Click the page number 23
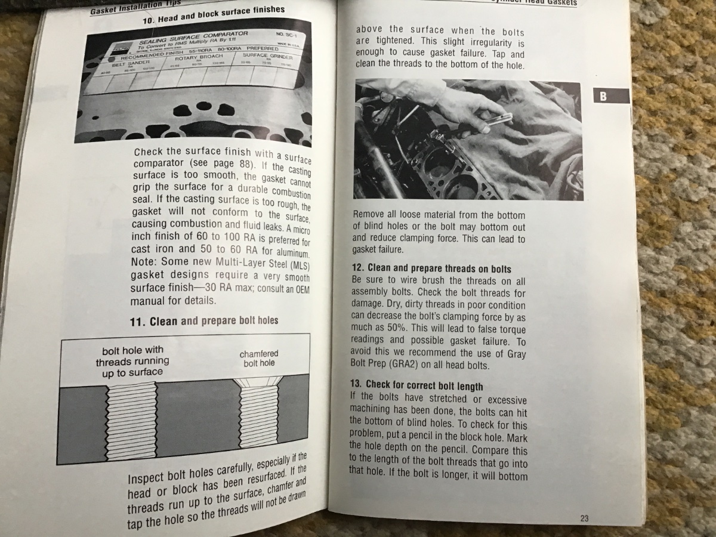(584, 518)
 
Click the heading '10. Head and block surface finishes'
(213, 15)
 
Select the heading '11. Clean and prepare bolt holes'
(203, 321)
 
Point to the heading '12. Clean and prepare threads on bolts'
(431, 268)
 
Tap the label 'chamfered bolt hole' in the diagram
(259, 358)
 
